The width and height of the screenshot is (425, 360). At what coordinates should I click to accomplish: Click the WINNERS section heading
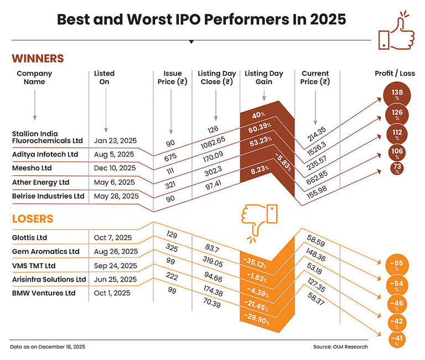pos(38,59)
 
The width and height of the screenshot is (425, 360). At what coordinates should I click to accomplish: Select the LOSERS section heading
pos(33,219)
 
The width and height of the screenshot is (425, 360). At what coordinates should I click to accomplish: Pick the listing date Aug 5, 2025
pos(115,154)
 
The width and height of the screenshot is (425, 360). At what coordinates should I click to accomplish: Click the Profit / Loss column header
pos(395,74)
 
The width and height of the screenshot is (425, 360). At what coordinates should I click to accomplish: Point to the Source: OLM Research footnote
pos(340,347)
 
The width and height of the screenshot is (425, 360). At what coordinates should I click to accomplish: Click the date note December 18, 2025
pos(48,347)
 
